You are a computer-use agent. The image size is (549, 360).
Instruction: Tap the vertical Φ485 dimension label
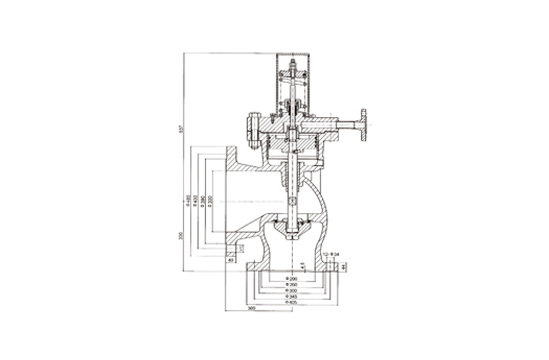(x=188, y=201)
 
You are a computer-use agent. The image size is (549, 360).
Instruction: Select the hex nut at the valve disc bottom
(x=292, y=237)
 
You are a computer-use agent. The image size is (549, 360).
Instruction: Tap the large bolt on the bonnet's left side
(x=254, y=130)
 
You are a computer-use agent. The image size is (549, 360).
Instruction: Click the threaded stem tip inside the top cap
(x=293, y=64)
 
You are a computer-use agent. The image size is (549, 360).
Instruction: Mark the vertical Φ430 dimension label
(x=195, y=201)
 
